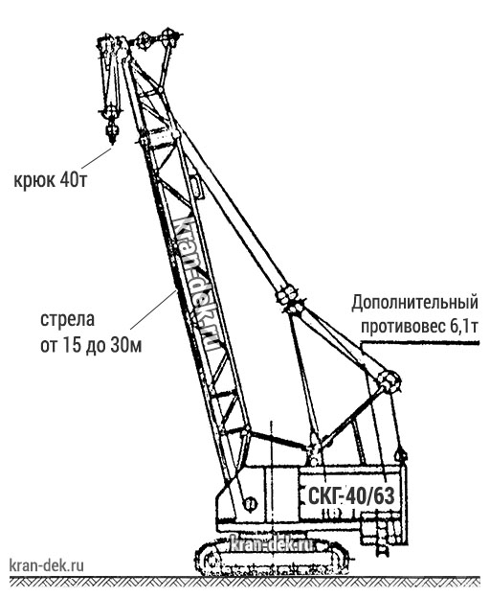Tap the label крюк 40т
coord(51,180)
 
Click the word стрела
coord(67,319)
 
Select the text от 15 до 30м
coord(91,346)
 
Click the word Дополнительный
coord(414,304)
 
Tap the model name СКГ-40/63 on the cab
coord(351,496)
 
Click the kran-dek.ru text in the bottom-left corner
coord(46,565)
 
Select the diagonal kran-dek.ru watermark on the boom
coord(197,284)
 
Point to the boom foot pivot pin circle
coord(250,504)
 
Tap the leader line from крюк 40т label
coord(96,158)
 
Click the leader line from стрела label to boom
coord(153,310)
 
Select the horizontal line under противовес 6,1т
coord(420,343)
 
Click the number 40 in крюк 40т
coord(66,180)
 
